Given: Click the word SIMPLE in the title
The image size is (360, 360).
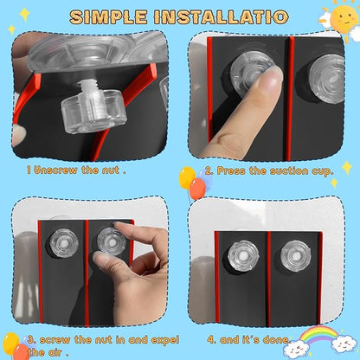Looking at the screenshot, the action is (108, 17).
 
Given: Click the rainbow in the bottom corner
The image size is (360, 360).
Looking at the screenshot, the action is (318, 334).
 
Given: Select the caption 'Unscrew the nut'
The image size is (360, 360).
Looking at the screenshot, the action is (76, 170).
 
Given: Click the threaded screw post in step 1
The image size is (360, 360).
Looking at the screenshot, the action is (87, 87).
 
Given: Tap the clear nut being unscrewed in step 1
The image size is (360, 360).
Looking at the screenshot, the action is (93, 111).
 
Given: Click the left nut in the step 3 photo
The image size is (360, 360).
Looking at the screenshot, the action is (64, 242).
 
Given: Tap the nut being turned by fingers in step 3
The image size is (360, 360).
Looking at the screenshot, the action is (111, 241).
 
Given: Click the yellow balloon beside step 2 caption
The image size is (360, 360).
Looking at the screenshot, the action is (187, 177).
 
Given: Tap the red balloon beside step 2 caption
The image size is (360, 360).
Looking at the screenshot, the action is (198, 189).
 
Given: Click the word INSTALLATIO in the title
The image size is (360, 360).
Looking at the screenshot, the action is (221, 17).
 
